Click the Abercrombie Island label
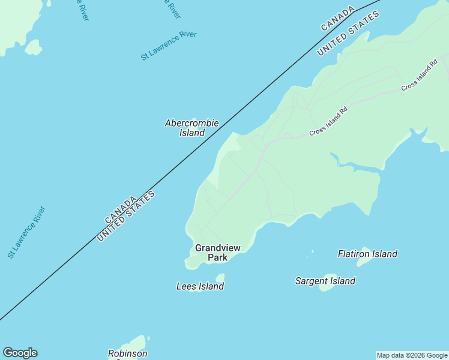point(192,128)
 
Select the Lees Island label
point(200,286)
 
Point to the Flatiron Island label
point(367,254)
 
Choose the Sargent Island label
point(325,281)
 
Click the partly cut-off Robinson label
point(127,353)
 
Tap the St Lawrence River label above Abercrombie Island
point(169,46)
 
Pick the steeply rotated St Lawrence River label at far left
point(26,232)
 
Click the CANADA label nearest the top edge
point(338,19)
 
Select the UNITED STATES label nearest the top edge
point(348,33)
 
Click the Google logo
point(20,353)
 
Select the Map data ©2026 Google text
point(412,355)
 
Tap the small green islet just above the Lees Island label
point(220,278)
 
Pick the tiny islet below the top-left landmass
point(33,47)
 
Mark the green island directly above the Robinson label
point(138,343)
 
